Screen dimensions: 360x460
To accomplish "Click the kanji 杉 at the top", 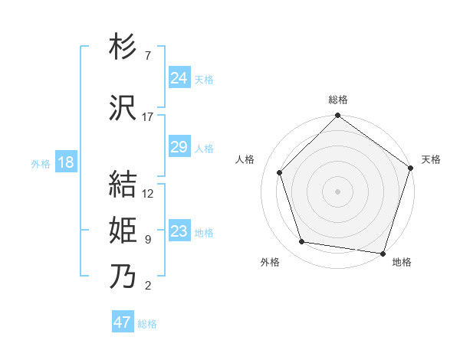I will click(x=123, y=48).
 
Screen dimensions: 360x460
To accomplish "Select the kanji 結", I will click(x=123, y=185).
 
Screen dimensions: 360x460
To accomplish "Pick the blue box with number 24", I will click(x=179, y=78).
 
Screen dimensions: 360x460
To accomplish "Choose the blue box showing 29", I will click(x=179, y=147).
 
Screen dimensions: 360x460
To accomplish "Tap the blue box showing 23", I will click(x=179, y=231).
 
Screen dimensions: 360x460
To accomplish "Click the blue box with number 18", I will click(x=65, y=162).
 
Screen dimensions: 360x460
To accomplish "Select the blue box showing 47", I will click(x=123, y=322).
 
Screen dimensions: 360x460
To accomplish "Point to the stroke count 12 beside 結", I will click(x=148, y=193).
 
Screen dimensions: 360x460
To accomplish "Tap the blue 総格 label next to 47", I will click(x=147, y=324).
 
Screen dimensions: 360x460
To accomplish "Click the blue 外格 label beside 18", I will click(x=41, y=163).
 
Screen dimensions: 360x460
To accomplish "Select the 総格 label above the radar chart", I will click(x=338, y=100).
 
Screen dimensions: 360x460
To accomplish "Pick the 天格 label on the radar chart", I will click(x=431, y=159).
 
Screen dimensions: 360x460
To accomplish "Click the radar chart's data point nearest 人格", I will click(x=280, y=172).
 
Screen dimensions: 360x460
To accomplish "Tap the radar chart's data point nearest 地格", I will click(x=383, y=253).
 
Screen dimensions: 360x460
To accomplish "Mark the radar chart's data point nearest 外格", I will click(x=302, y=242).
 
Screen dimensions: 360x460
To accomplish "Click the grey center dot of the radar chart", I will click(x=338, y=191).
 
